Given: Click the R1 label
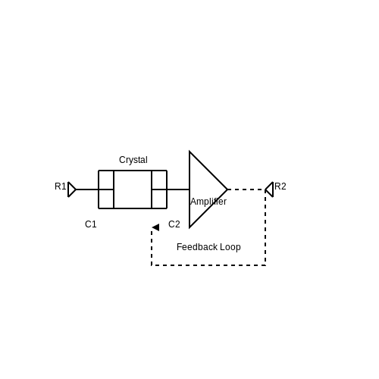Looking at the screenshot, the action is click(61, 186).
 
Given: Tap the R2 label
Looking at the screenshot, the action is click(280, 186).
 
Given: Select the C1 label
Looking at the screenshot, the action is click(91, 224).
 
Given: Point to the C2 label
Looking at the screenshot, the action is click(174, 224).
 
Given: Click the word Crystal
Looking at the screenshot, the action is click(133, 160).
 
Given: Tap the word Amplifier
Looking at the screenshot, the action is click(208, 202).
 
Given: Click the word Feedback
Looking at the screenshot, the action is click(197, 247).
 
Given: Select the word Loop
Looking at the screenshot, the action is click(230, 247).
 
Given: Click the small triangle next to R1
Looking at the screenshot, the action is click(72, 189).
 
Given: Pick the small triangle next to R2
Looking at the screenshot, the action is click(269, 189).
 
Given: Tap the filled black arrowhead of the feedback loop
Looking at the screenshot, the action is click(155, 227).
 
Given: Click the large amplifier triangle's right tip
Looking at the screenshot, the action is click(227, 189).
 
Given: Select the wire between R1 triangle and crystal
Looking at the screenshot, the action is click(87, 189).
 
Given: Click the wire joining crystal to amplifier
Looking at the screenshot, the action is click(178, 189).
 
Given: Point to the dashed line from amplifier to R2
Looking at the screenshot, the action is click(246, 189).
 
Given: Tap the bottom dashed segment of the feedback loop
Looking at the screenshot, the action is click(208, 265).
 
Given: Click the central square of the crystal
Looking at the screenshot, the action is click(133, 189).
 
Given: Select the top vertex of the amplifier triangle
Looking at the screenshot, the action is click(189, 152).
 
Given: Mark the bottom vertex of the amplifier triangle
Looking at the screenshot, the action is click(189, 227).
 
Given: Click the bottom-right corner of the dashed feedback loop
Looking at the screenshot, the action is click(265, 265).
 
